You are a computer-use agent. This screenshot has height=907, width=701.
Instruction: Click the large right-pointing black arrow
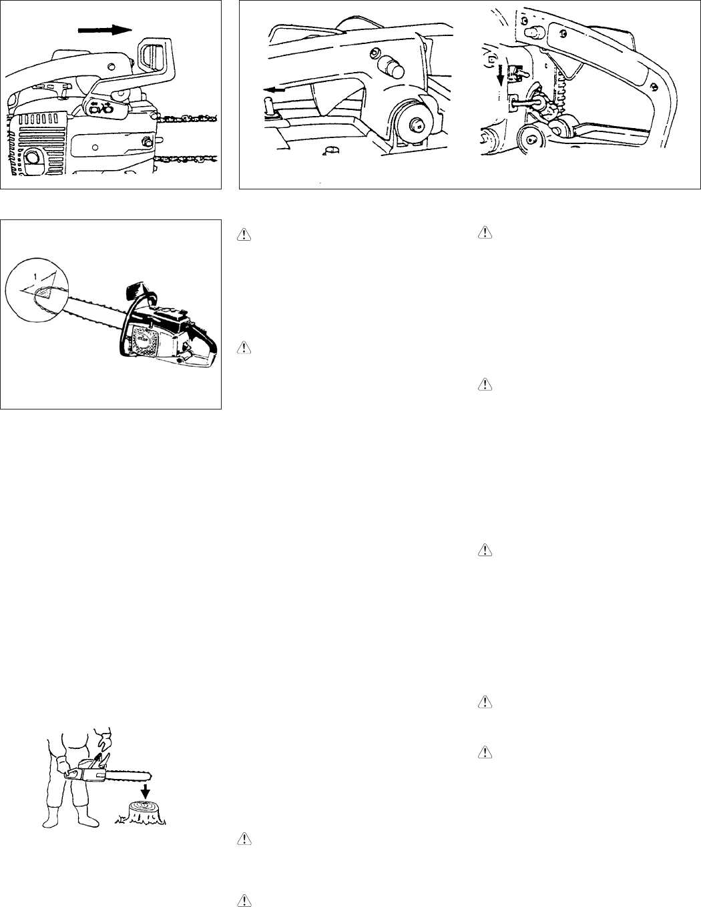[104, 30]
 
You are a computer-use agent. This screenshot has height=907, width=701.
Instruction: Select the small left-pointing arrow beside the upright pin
[274, 89]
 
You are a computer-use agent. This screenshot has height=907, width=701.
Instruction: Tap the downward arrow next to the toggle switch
[499, 73]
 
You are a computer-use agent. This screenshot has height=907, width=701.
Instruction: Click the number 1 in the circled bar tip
[35, 276]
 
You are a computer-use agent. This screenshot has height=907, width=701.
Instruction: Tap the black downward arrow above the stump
[145, 790]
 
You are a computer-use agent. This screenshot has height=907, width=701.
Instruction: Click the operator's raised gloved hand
[103, 740]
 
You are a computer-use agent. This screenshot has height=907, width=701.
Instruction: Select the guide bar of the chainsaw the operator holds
[127, 776]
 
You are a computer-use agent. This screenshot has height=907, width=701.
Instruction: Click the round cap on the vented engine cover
[31, 157]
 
